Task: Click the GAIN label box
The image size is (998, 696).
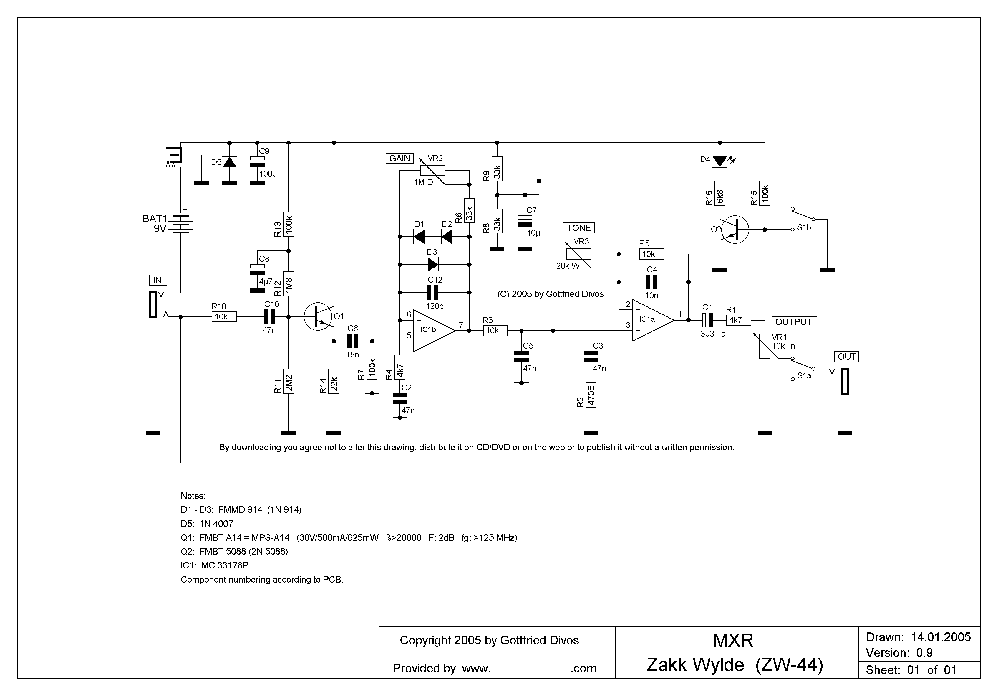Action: point(399,158)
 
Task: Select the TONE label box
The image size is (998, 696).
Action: point(578,228)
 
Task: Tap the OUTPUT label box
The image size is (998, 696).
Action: point(794,322)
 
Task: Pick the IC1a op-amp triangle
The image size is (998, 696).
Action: point(652,320)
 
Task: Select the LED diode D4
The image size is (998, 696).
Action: point(720,162)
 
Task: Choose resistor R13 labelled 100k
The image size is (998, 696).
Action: point(289,225)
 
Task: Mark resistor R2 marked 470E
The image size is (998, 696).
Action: point(591,395)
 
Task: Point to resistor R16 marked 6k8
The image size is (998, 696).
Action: point(720,193)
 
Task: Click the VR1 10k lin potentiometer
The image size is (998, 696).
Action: point(765,346)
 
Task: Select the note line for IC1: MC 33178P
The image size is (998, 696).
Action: point(214,565)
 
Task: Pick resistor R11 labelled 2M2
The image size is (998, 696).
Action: point(289,381)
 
